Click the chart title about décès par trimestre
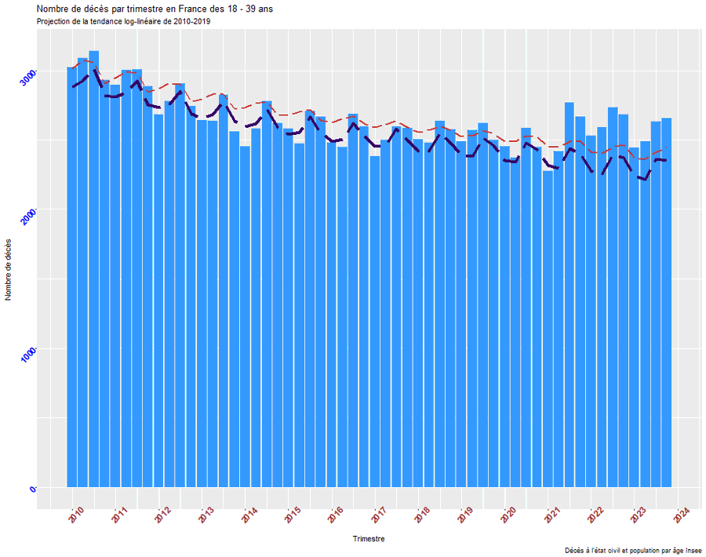pos(155,9)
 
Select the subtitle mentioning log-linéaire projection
pos(123,21)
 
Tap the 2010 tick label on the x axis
pos(75,515)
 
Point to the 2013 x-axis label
pos(206,515)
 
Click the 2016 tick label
pos(336,515)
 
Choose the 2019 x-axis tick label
pos(465,515)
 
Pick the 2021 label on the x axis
pos(552,515)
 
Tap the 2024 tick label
pos(682,515)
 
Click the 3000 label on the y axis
pos(28,78)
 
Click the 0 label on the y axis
pos(33,490)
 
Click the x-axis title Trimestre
pos(369,539)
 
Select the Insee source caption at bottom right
pos(633,550)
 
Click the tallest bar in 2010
pos(93,267)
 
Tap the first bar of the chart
pos(71,275)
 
